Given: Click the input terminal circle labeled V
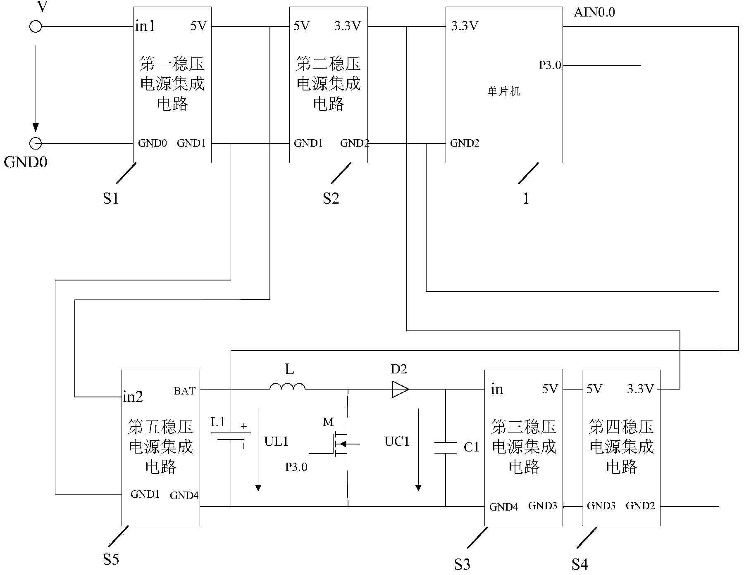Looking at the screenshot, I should click(36, 27).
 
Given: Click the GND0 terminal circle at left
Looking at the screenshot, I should click(36, 143).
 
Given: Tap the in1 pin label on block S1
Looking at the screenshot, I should click(145, 26).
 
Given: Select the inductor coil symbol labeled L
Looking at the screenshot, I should click(287, 387).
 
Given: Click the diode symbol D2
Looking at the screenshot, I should click(400, 389).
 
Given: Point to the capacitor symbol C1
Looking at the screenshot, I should click(446, 448).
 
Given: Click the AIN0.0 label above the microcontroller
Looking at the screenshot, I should click(594, 12).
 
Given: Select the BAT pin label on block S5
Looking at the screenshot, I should click(184, 391).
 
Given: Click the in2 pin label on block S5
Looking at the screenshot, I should click(133, 397).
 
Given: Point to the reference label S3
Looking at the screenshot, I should click(462, 564).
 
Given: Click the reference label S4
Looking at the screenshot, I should click(579, 564).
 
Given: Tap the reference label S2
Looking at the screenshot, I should click(331, 199).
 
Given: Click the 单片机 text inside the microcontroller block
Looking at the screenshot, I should click(504, 92).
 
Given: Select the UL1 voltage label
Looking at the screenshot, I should click(276, 442).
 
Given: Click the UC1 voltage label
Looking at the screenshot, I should click(397, 442).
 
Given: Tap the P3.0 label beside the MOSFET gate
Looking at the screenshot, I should click(296, 467).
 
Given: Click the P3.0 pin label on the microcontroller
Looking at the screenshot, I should click(550, 65).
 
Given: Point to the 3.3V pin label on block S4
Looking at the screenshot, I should click(640, 389).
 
